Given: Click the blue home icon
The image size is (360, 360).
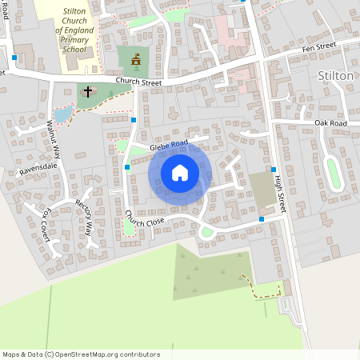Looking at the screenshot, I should click(180, 172).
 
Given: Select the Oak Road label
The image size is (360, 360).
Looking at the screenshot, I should click(331, 123).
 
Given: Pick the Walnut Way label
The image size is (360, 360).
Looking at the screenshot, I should click(54, 138).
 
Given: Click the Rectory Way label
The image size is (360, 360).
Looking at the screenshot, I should click(84, 213).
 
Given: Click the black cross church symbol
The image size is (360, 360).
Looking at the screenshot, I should click(87, 92).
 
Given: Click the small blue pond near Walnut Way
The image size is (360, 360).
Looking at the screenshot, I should click(61, 114).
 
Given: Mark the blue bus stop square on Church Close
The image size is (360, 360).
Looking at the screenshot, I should click(262, 219).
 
